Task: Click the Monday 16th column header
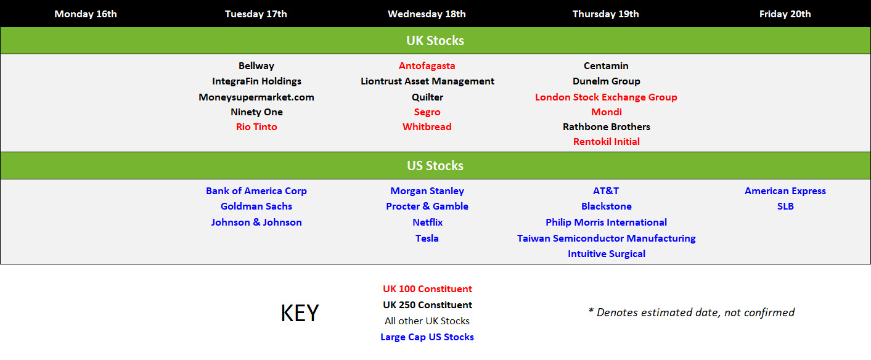click(86, 14)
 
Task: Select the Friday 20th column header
click(785, 14)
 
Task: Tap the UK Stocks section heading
click(435, 41)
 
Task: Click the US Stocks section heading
click(435, 166)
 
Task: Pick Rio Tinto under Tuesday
click(256, 127)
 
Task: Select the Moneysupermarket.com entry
click(256, 97)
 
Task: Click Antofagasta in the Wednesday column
click(427, 66)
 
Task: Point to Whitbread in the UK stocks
click(427, 127)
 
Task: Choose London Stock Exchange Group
click(606, 97)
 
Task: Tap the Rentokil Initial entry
click(606, 142)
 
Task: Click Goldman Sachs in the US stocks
click(256, 207)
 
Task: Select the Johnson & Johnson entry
click(256, 223)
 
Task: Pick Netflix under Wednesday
click(427, 223)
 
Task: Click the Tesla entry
click(427, 239)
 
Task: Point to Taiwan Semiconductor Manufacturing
click(606, 239)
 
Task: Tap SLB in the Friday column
click(785, 207)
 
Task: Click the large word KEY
click(300, 313)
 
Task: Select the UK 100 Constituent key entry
click(427, 289)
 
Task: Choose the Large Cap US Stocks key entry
click(427, 337)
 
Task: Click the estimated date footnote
click(692, 313)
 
